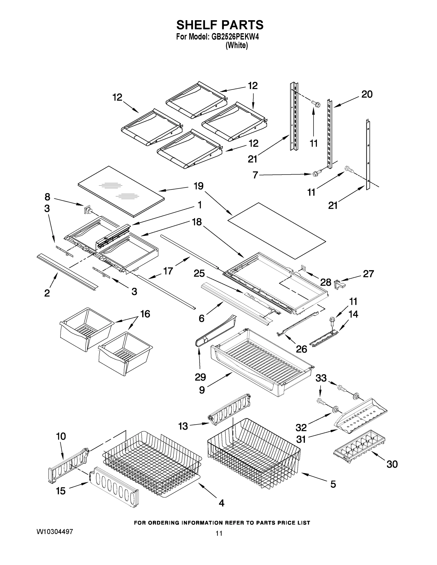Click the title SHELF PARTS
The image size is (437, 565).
[x=220, y=25]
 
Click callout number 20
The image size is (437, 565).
[x=367, y=94]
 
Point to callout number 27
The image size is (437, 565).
[x=368, y=274]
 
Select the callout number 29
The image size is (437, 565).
[x=200, y=377]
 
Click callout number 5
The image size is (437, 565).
[x=333, y=484]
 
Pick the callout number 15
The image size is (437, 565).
[x=61, y=491]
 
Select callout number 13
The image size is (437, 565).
[x=183, y=426]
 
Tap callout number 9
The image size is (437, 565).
[x=202, y=390]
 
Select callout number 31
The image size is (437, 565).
[x=301, y=439]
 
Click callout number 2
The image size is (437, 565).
[x=47, y=293]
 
